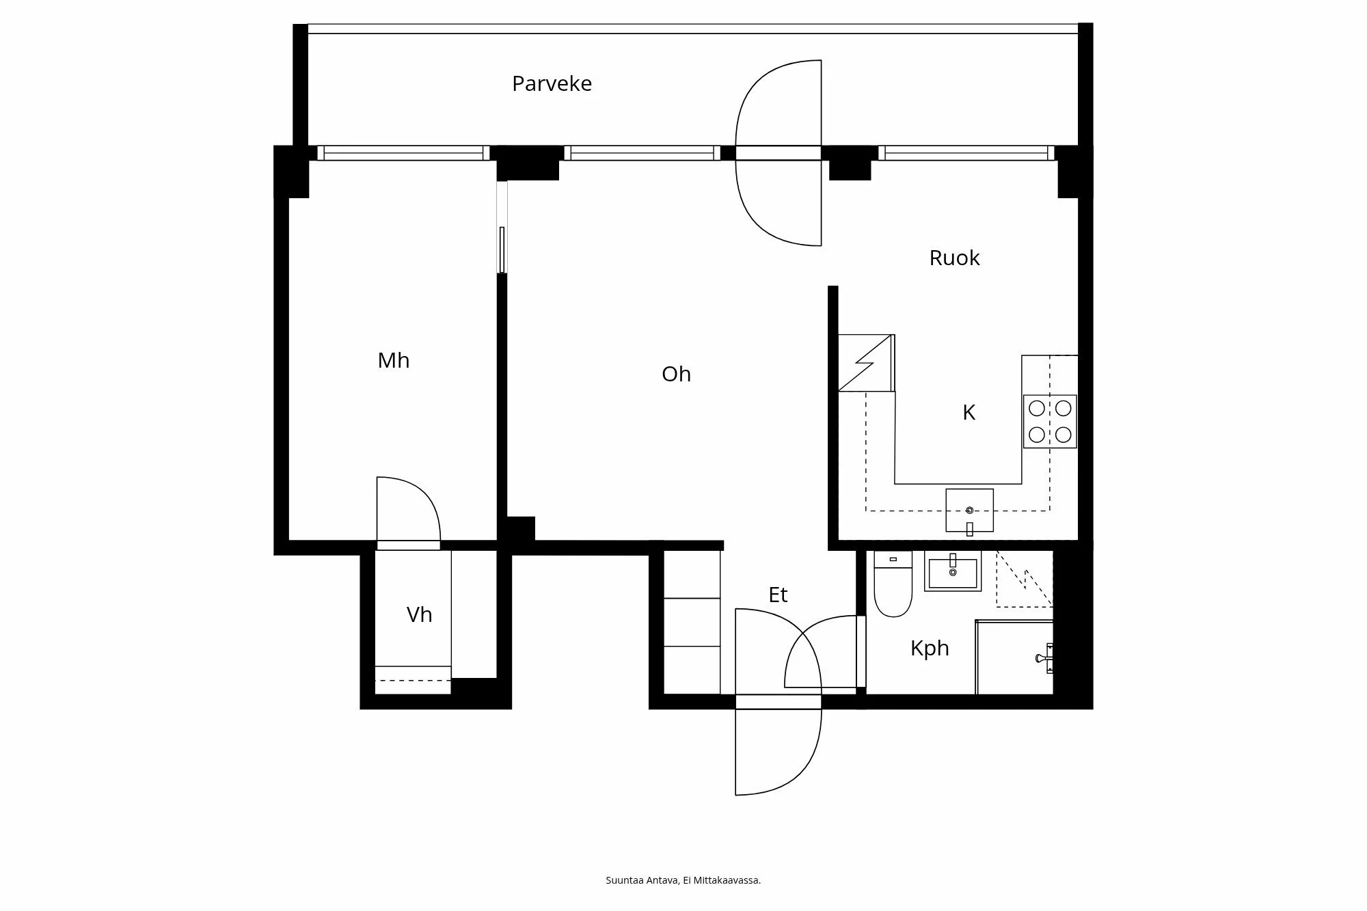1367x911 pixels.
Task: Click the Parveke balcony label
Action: pos(552,83)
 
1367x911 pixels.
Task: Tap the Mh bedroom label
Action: pos(394,360)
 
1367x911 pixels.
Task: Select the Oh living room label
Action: pos(676,374)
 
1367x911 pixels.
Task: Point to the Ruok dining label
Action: pos(954,258)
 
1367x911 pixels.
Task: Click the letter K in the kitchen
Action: pos(969,412)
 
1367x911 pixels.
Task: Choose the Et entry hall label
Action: pos(778,595)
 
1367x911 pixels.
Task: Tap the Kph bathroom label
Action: pos(930,647)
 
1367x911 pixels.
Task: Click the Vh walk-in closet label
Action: pos(419,614)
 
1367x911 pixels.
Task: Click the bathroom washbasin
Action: pos(953,572)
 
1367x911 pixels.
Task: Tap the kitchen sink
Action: pos(969,511)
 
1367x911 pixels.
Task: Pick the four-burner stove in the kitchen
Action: pos(1050,421)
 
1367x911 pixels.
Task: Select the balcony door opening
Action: pos(778,152)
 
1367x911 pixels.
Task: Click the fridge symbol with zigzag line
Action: pos(866,363)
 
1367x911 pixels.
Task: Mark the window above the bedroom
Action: pos(403,152)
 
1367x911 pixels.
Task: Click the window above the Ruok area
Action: pos(966,152)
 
